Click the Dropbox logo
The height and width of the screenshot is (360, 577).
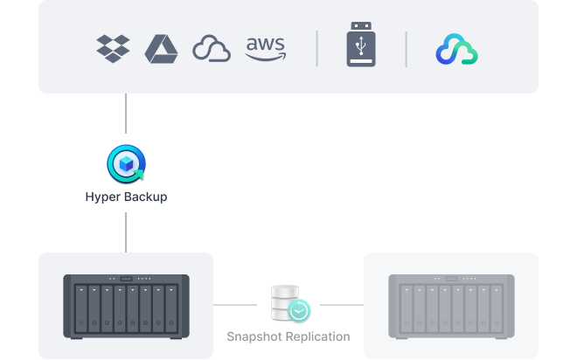click(x=113, y=49)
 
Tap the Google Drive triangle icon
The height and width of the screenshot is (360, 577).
click(x=162, y=49)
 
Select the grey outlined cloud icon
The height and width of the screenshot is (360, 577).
click(x=211, y=49)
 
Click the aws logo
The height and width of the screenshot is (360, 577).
click(x=265, y=48)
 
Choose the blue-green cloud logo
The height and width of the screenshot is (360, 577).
click(x=456, y=50)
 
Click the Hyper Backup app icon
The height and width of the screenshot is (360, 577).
click(x=126, y=163)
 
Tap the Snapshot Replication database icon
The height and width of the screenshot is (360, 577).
click(x=288, y=302)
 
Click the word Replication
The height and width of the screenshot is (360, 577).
click(x=318, y=336)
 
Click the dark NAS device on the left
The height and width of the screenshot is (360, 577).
click(x=126, y=304)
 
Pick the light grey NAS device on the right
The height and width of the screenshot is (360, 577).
click(x=451, y=304)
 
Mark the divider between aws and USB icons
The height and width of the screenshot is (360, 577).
click(x=316, y=49)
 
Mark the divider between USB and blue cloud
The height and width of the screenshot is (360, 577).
click(x=406, y=49)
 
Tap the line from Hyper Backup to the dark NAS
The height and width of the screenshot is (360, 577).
click(x=126, y=232)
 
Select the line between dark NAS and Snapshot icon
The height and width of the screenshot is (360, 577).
click(x=239, y=305)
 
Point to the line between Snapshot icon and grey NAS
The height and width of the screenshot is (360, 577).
click(x=341, y=305)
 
